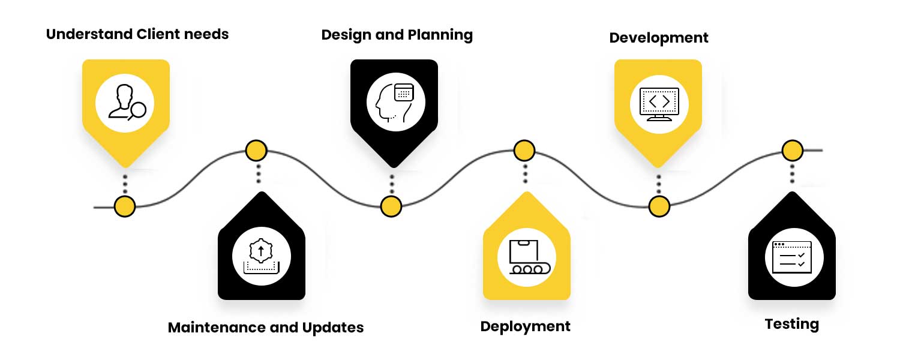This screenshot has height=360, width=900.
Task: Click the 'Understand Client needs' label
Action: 137,34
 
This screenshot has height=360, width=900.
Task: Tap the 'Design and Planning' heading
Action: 397,35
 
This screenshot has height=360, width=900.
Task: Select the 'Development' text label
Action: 658,38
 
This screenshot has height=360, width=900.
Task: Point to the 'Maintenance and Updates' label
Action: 265,328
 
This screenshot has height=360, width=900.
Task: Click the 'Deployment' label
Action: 525,327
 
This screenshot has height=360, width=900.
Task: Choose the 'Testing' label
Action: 791,325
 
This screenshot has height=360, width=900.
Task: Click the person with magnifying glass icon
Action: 125,103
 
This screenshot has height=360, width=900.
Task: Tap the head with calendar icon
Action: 394,103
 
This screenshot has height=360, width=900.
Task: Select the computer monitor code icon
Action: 659,104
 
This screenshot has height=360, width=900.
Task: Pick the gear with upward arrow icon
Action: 261,257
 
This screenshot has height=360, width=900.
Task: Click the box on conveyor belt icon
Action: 526,257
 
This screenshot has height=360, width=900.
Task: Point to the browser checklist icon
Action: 791,257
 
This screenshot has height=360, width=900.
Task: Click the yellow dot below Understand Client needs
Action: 125,206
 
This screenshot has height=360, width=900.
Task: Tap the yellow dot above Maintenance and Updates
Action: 257,150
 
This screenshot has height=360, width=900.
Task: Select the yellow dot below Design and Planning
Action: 391,206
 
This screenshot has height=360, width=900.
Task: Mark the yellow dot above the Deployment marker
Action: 524,150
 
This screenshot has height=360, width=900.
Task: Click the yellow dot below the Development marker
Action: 659,206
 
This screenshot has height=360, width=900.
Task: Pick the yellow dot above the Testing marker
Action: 793,150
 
